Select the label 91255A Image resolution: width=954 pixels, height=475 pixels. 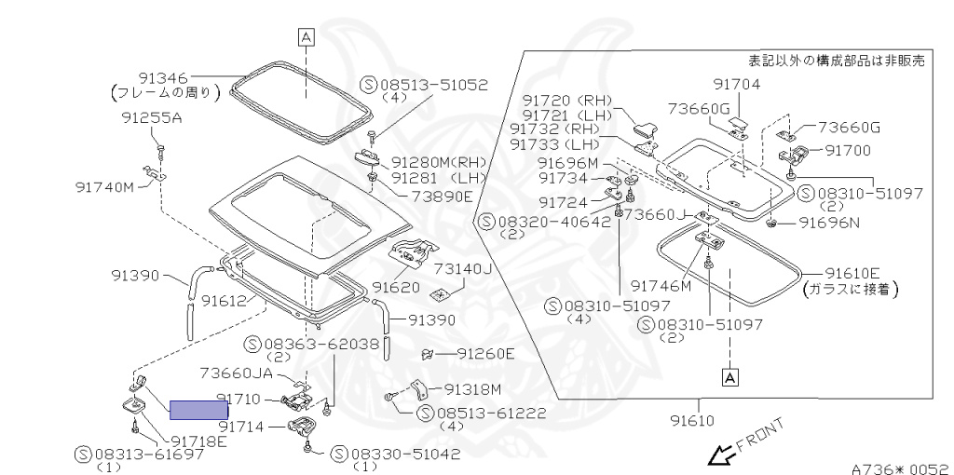click(151, 118)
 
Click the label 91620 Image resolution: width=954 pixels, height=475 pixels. click(396, 287)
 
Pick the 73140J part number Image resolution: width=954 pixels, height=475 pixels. click(462, 268)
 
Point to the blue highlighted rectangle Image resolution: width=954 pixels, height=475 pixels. click(198, 407)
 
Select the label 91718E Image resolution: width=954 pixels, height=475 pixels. click(197, 441)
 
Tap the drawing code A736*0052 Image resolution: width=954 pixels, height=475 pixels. click(899, 469)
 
